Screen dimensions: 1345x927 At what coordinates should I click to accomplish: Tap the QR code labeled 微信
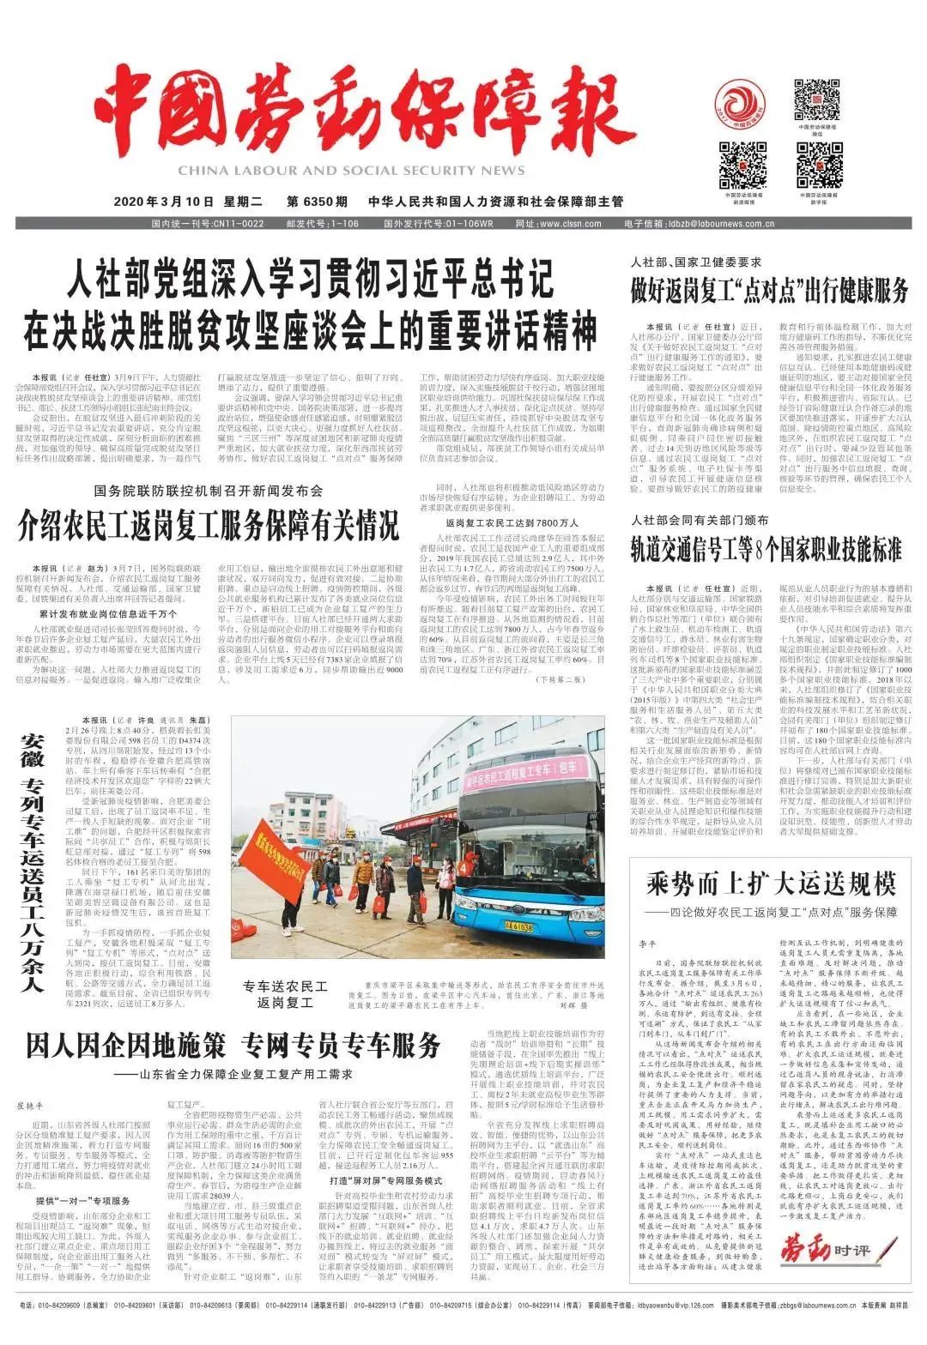pos(816,99)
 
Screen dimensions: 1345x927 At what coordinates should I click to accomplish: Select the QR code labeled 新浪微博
pos(742,164)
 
